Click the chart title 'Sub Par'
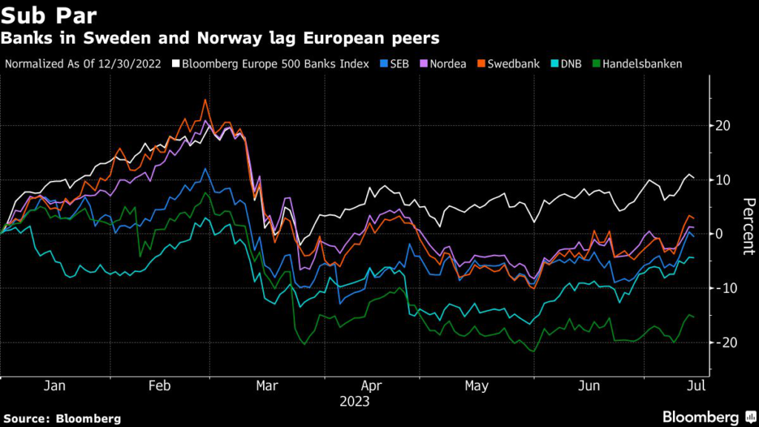click(x=49, y=16)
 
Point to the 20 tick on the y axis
click(x=723, y=125)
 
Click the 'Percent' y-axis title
click(x=748, y=226)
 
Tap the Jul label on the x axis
click(x=695, y=386)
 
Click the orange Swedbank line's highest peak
click(x=205, y=99)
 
